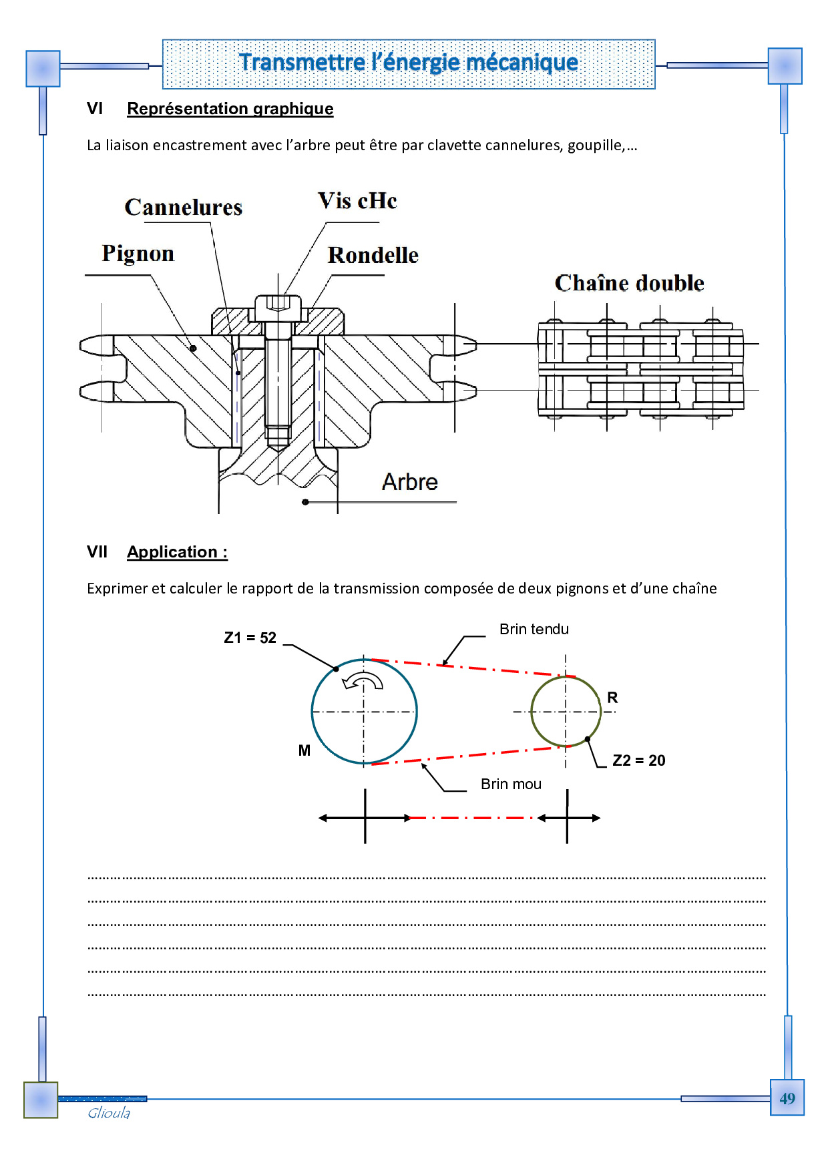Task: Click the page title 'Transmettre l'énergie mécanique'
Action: (x=408, y=63)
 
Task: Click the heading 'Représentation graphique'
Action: (x=230, y=109)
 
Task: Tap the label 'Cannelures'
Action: (x=184, y=208)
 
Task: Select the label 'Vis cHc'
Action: (x=357, y=201)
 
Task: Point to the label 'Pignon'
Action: (x=138, y=254)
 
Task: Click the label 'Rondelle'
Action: (x=373, y=256)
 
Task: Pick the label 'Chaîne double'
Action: (x=629, y=283)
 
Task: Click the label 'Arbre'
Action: (x=409, y=482)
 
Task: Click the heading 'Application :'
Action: (x=177, y=552)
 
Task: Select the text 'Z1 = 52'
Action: (x=250, y=638)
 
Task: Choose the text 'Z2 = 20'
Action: (x=638, y=760)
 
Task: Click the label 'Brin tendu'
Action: (x=534, y=629)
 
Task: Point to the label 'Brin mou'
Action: (x=511, y=784)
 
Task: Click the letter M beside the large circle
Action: (x=304, y=750)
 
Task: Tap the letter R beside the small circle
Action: (x=612, y=698)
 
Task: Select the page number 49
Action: (x=787, y=1099)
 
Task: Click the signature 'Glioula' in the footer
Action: (x=109, y=1113)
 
